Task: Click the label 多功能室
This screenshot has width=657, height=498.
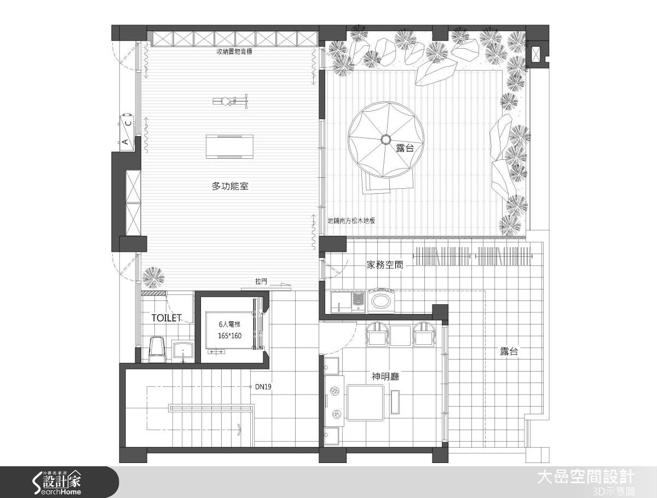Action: point(230,187)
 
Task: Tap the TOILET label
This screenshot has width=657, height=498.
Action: point(166,317)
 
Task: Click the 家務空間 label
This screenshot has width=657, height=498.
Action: point(384,265)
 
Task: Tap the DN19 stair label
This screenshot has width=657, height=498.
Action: point(263,386)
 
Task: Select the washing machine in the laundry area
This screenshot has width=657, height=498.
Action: point(382,301)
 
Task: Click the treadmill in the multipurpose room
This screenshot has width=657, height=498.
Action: point(230,146)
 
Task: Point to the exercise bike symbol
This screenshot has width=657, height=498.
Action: point(230,101)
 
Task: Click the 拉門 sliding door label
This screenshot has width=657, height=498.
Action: point(261,282)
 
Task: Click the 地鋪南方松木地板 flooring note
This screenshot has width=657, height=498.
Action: point(351,222)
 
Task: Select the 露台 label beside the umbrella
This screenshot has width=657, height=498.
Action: point(405,147)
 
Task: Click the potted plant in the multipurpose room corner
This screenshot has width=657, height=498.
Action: point(153,277)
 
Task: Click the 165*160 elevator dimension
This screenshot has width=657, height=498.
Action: point(229,335)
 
